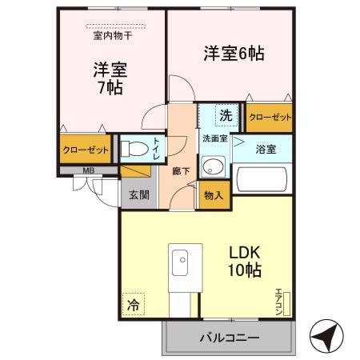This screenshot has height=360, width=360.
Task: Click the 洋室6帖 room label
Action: [233, 54]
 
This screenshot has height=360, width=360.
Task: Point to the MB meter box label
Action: [88, 170]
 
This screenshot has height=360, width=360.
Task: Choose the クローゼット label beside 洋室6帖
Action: [269, 117]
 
